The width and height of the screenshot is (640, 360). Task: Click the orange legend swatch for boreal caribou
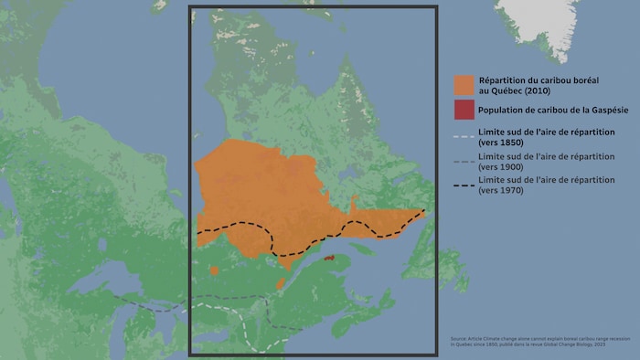point(464,85)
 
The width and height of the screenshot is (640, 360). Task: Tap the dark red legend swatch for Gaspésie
point(464,111)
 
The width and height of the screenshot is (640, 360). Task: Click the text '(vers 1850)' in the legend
point(502,143)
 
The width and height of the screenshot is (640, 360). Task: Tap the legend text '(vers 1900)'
point(502,167)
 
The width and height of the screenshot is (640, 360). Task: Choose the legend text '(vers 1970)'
point(502,190)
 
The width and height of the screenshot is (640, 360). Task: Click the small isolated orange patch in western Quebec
point(214,270)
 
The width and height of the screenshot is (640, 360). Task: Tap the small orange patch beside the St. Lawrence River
point(282,283)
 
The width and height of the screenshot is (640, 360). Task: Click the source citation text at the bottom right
point(543,343)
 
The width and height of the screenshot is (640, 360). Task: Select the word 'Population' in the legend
point(504,111)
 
